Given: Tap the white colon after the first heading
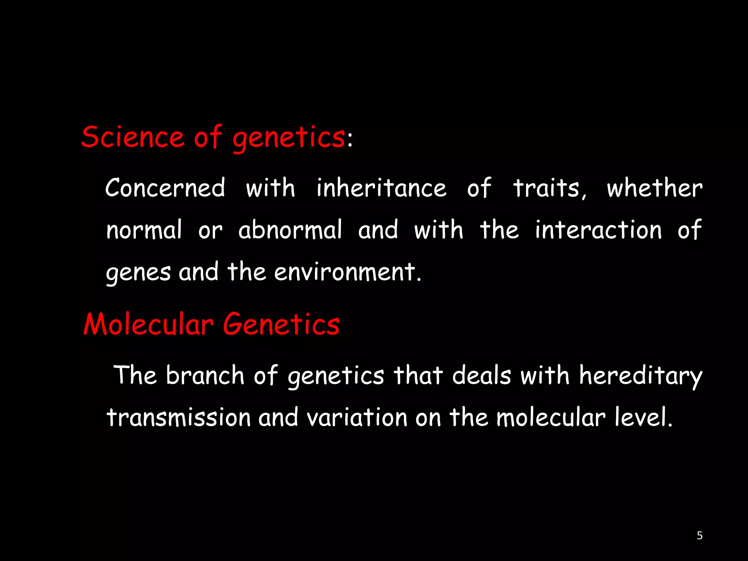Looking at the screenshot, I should tap(350, 140).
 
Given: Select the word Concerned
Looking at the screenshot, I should tap(165, 188).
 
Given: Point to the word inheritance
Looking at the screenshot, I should tap(381, 188).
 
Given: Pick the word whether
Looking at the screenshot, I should tap(654, 188).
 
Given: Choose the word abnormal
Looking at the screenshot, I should tap(290, 230).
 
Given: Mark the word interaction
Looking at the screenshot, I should tap(598, 230).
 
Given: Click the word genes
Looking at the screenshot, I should tap(138, 272).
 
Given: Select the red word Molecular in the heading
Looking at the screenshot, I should tap(148, 324).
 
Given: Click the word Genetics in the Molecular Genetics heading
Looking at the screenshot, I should tap(281, 324).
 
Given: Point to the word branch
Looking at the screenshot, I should tap(205, 375).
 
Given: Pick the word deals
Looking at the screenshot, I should tap(481, 375).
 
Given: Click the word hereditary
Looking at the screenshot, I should tap(641, 376).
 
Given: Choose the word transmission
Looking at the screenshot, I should tap(179, 417).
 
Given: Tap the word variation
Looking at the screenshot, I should tap(357, 417).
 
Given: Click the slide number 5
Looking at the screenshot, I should tap(699, 535).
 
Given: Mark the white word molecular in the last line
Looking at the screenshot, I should tap(551, 417).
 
